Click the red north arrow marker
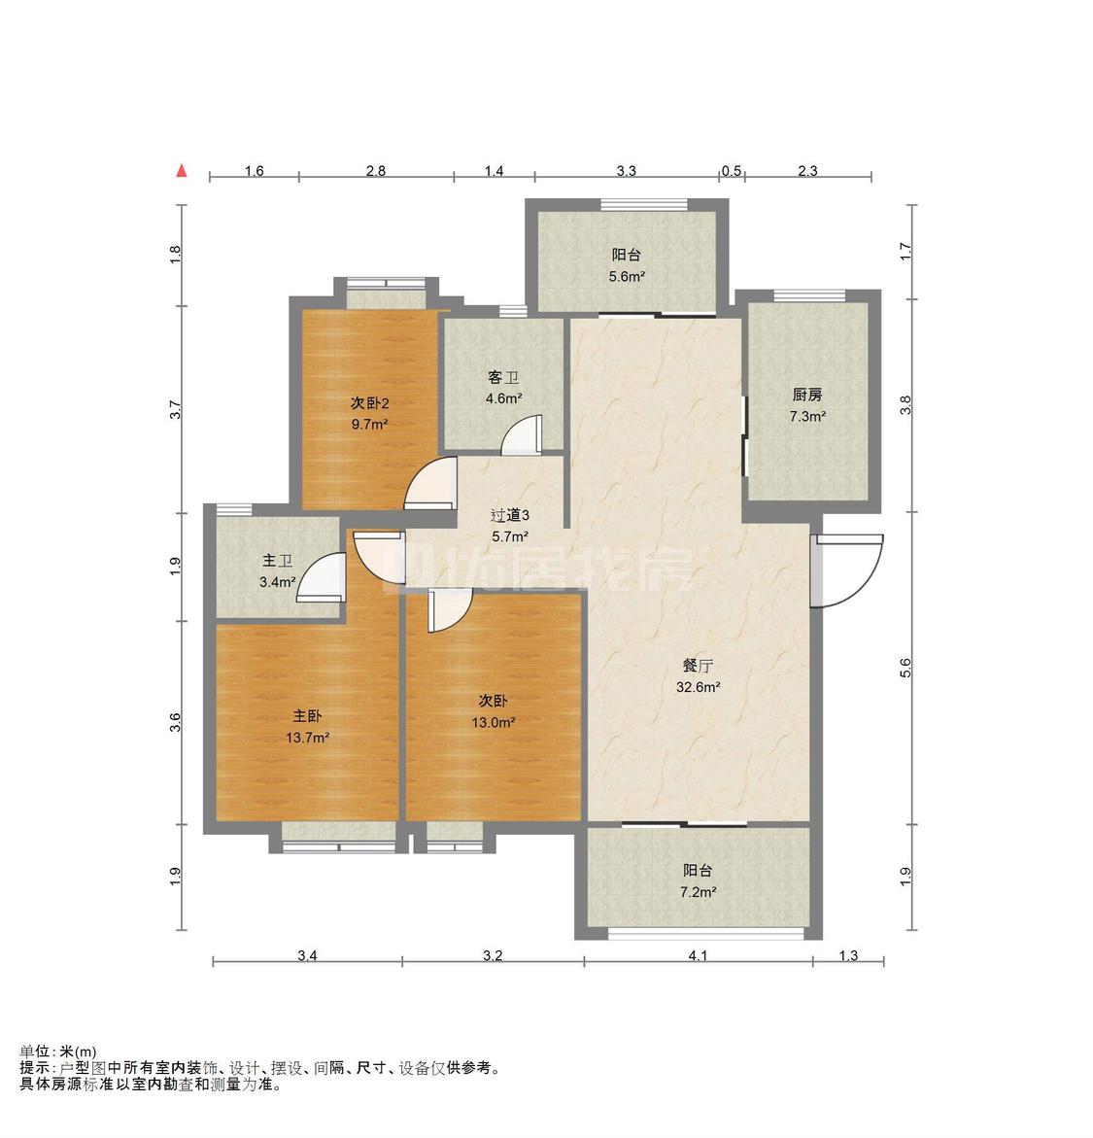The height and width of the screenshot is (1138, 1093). click(x=183, y=171)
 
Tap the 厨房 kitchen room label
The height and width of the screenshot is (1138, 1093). click(x=807, y=395)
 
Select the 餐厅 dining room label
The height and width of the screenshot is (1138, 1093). click(x=698, y=666)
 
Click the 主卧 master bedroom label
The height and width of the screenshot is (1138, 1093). click(x=307, y=716)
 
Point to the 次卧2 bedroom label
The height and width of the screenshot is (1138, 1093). click(x=370, y=402)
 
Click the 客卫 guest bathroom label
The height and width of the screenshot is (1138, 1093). click(x=503, y=377)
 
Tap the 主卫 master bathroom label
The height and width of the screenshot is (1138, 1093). click(x=277, y=561)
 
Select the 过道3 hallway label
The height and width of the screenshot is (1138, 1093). click(x=510, y=515)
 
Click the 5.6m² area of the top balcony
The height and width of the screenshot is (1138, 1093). click(x=627, y=277)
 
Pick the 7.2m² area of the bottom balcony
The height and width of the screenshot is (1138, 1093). click(x=699, y=892)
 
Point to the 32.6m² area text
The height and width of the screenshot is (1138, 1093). click(x=699, y=686)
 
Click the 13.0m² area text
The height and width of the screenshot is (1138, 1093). click(x=494, y=722)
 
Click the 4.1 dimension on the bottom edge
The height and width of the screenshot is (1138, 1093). click(x=698, y=956)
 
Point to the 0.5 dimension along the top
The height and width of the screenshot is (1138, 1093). click(x=732, y=171)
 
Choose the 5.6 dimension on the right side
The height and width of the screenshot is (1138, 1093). click(x=905, y=669)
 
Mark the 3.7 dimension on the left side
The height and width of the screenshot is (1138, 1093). click(x=175, y=410)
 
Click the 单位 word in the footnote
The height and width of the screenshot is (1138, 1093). click(x=34, y=1052)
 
